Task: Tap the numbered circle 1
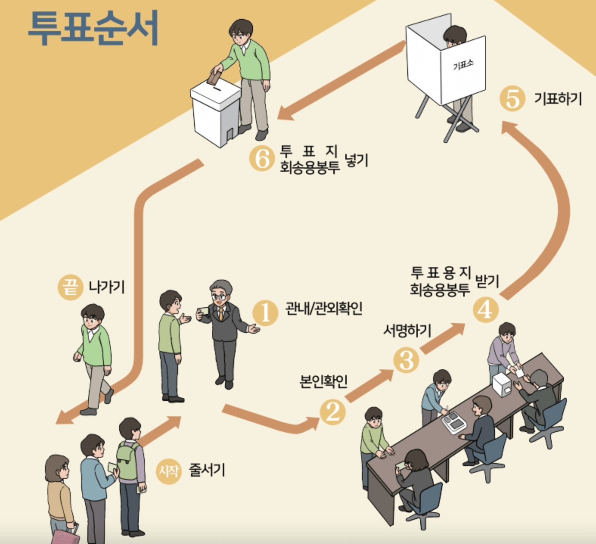click(x=265, y=312)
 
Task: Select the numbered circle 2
click(x=332, y=411)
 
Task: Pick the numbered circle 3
click(x=406, y=360)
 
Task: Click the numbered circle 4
click(x=486, y=310)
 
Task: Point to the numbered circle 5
click(x=512, y=99)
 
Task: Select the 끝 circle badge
click(x=70, y=288)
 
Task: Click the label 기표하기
click(x=558, y=99)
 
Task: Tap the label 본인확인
click(x=323, y=381)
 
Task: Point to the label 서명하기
click(x=407, y=331)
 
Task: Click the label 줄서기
click(x=207, y=470)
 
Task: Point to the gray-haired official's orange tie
click(x=220, y=314)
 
